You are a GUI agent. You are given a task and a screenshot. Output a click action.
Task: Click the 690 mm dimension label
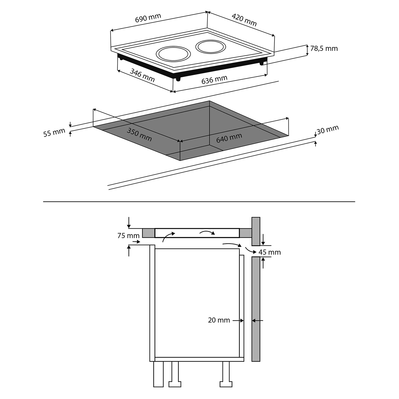click(x=148, y=18)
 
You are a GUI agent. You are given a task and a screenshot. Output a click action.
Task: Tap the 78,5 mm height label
click(x=324, y=49)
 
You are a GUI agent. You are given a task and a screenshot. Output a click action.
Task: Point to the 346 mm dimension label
click(x=142, y=75)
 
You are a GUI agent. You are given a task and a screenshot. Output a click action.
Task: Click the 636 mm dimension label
click(x=214, y=80)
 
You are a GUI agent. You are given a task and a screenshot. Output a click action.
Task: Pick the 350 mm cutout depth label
click(x=139, y=135)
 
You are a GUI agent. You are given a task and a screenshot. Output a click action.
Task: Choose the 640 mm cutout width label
click(x=229, y=138)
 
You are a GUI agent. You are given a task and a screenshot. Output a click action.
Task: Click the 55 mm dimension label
click(x=54, y=133)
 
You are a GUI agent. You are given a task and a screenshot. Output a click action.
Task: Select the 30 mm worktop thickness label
click(x=328, y=130)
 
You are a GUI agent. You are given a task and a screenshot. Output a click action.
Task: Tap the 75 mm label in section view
click(x=128, y=236)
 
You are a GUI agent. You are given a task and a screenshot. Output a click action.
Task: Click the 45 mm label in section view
click(x=270, y=252)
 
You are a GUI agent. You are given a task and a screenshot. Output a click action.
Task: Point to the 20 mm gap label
click(x=219, y=320)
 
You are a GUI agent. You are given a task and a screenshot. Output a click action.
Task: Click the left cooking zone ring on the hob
click(x=173, y=54)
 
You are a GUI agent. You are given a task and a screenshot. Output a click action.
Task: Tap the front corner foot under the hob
click(x=178, y=79)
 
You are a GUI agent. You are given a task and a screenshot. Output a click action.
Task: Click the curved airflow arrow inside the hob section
click(x=207, y=233)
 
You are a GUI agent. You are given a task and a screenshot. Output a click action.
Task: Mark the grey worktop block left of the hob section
click(x=148, y=233)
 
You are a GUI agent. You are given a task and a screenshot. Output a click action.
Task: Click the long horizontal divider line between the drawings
click(x=199, y=202)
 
